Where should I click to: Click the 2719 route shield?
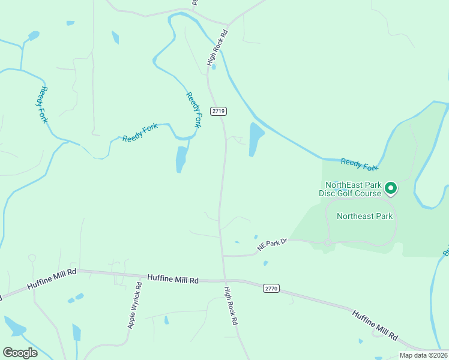click(x=218, y=111)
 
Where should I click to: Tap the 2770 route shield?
click(x=271, y=289)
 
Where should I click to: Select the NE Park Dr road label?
click(x=273, y=244)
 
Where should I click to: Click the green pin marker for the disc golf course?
click(x=391, y=188)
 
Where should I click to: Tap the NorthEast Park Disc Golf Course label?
click(x=353, y=189)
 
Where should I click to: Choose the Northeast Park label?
click(x=364, y=216)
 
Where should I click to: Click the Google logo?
click(x=20, y=353)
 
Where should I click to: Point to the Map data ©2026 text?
click(x=424, y=355)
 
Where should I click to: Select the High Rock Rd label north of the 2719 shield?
click(x=217, y=47)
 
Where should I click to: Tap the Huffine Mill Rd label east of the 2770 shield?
click(x=375, y=325)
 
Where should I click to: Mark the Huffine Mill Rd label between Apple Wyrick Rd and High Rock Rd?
click(x=173, y=280)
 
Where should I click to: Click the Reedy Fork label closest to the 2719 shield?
click(x=193, y=110)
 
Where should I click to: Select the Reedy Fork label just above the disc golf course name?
click(x=360, y=163)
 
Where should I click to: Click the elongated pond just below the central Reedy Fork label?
click(x=181, y=159)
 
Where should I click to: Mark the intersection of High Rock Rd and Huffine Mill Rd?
click(x=225, y=280)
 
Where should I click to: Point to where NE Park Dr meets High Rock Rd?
click(x=223, y=256)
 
